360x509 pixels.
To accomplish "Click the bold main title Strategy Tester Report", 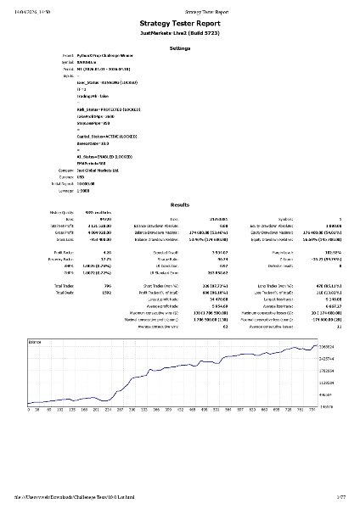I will point(180,27).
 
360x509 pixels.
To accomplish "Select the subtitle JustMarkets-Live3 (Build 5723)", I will point(180,38).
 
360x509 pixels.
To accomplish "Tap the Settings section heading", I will point(180,50).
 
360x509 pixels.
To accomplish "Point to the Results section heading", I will point(180,205).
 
